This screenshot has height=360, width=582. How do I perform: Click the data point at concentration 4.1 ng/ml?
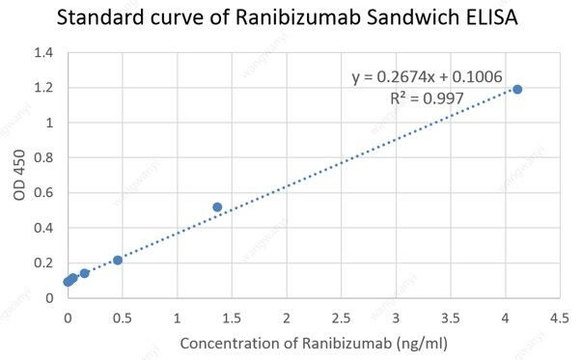pos(517,90)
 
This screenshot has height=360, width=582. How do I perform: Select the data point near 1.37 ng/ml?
pos(217,207)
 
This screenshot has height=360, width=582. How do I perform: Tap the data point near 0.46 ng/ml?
pos(118,261)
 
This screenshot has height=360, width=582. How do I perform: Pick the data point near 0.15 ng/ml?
pos(84,273)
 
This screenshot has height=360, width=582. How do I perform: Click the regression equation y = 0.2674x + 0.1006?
pos(427,76)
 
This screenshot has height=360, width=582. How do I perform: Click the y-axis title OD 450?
pos(20,176)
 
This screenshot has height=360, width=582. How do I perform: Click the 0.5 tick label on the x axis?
pos(122,317)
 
